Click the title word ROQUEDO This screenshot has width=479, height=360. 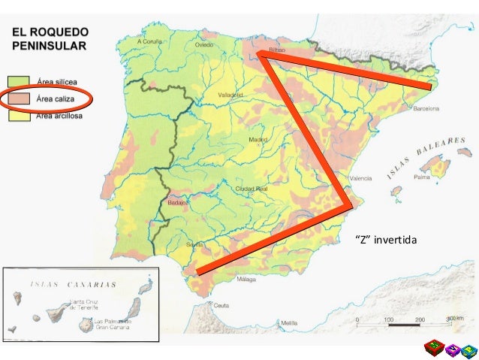coord(65,34)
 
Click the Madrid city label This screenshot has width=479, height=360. coord(258,139)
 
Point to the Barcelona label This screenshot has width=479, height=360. coord(426,107)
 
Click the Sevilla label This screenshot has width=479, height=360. coord(195,244)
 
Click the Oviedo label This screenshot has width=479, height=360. coord(205,44)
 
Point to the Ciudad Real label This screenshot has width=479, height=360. coord(253,188)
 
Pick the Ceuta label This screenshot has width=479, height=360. coord(221,306)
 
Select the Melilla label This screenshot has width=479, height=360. coord(288,324)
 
